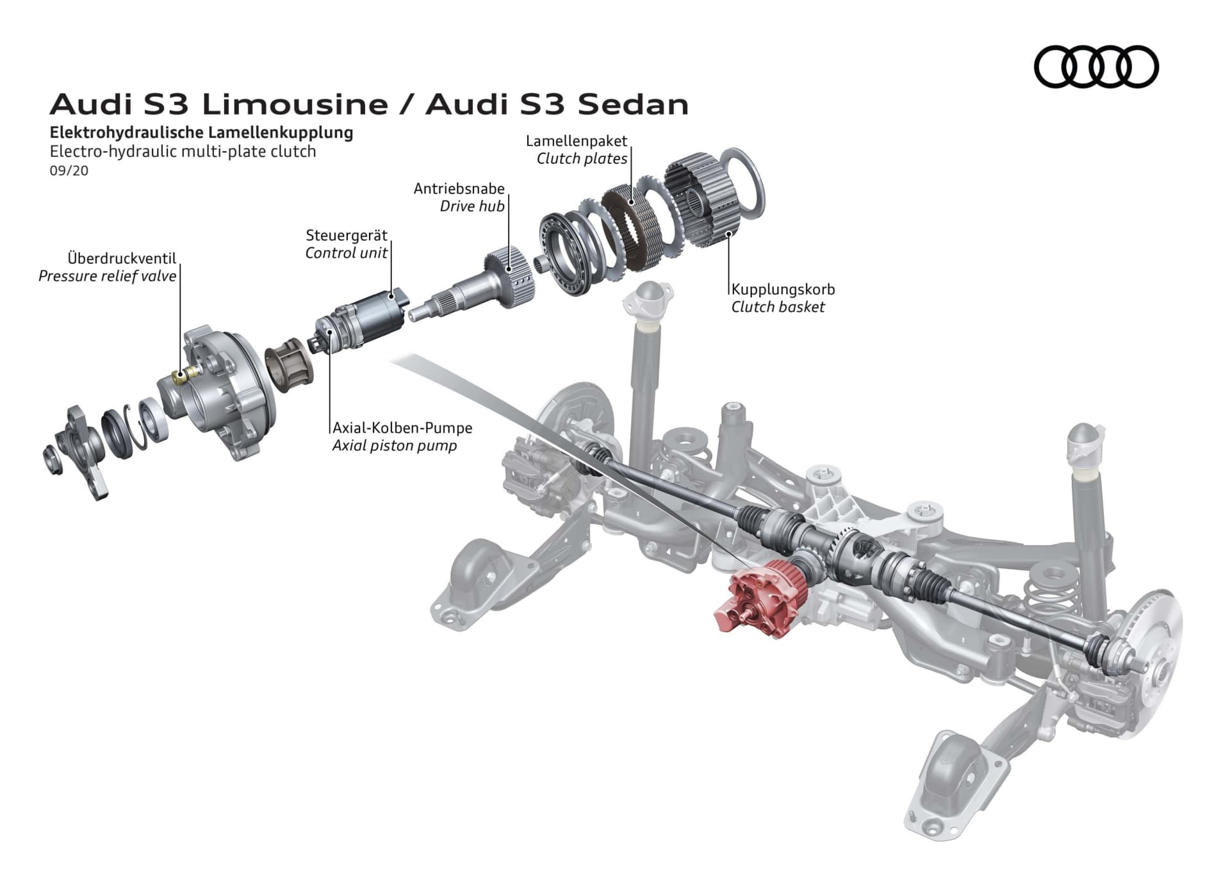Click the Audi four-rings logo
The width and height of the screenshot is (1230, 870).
click(x=1096, y=67)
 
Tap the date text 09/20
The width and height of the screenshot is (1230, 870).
click(x=69, y=171)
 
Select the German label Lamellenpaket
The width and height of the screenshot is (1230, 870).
click(x=576, y=141)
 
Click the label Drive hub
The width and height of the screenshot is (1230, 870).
click(x=472, y=206)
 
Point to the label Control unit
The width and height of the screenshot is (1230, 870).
click(x=346, y=253)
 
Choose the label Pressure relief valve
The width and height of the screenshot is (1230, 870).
click(x=107, y=276)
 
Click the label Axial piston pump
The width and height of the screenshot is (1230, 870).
click(x=394, y=446)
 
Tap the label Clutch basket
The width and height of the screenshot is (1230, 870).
click(x=778, y=307)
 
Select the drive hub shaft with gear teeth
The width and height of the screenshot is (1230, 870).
click(x=487, y=282)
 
